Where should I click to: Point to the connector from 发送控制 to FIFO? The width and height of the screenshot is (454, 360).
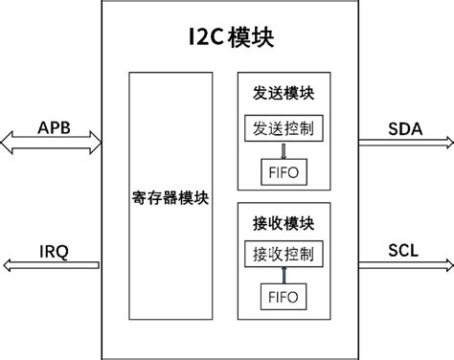pyautogui.click(x=283, y=148)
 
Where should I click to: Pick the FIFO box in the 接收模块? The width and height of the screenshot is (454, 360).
pyautogui.click(x=283, y=297)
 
